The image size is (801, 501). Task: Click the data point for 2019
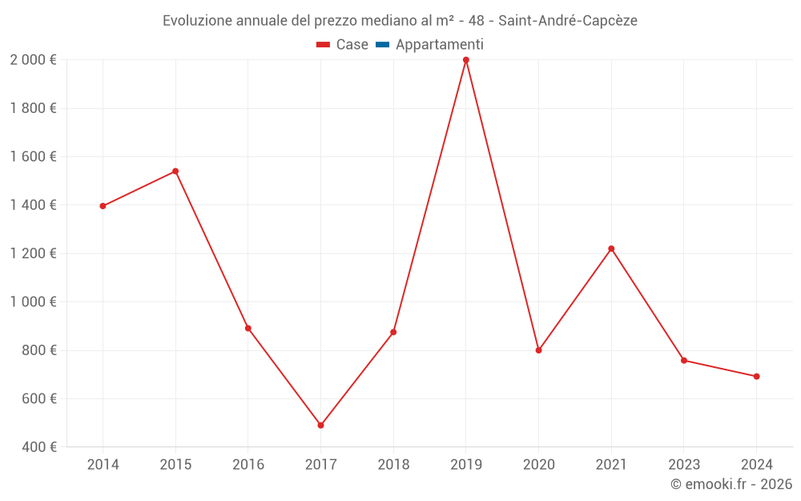click(465, 60)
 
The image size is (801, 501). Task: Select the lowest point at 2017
click(320, 426)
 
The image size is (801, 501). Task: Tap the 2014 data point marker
click(103, 206)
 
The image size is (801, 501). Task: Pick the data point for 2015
click(175, 171)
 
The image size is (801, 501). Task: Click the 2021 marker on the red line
click(611, 248)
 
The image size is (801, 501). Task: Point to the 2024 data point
click(756, 377)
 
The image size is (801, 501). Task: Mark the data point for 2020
click(538, 350)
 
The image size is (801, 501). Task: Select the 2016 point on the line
click(248, 328)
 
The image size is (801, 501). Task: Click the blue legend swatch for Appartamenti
click(382, 45)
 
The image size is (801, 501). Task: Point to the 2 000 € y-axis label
click(33, 60)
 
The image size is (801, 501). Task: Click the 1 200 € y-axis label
click(33, 253)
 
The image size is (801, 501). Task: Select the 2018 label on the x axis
click(393, 465)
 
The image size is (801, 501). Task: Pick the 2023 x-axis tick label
click(683, 465)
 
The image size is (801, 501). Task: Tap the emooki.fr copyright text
click(731, 484)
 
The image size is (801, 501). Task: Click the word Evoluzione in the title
click(198, 21)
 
